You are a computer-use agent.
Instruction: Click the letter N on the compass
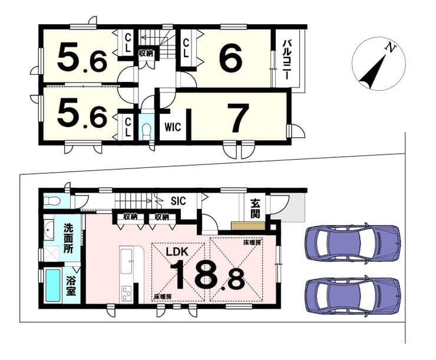[391, 48]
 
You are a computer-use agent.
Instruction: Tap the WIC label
[173, 127]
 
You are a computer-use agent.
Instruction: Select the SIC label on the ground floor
[178, 201]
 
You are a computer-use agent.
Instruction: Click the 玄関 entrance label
[255, 209]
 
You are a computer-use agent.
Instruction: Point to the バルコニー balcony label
[287, 60]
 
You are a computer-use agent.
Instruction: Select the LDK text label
[177, 252]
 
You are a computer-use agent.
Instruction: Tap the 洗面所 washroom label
[68, 238]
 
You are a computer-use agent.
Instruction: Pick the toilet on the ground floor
[52, 201]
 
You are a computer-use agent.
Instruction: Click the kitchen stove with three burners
[126, 294]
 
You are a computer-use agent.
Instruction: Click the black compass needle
[373, 72]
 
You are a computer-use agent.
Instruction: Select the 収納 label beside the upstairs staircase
[146, 54]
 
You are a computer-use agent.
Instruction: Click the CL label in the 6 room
[186, 48]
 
